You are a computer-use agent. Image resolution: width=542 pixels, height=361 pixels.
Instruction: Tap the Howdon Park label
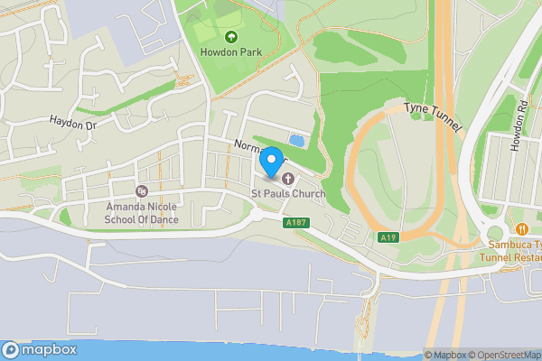pos(229,51)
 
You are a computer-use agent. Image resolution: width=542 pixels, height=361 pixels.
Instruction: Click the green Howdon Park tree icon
pos(229,37)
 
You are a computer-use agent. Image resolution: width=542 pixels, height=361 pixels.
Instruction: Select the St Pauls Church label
pos(288,193)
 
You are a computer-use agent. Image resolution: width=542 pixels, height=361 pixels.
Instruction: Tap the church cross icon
pos(288,179)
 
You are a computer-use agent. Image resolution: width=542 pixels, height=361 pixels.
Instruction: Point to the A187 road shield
pos(294,222)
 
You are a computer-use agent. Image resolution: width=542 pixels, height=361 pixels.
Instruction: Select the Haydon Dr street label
pos(72,122)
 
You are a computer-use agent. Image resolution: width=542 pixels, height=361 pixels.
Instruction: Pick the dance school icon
pos(141,191)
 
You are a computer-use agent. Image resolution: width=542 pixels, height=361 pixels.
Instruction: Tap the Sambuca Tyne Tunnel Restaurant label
pos(513,250)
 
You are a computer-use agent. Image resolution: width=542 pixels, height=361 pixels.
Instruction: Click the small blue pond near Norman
pos(296,140)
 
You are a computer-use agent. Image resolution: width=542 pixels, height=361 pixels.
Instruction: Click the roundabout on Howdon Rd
pos(495,226)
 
